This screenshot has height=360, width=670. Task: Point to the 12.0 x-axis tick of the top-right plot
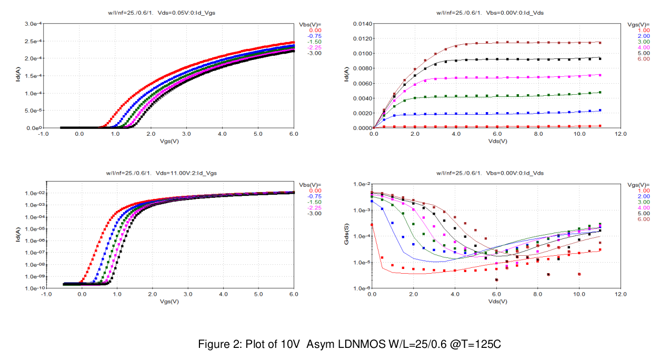621,134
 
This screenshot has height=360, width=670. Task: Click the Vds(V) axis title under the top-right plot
497,142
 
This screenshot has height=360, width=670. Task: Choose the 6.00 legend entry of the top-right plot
643,59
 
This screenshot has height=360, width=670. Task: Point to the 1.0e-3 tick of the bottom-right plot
362,210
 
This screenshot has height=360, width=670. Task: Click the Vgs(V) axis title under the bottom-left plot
170,302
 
